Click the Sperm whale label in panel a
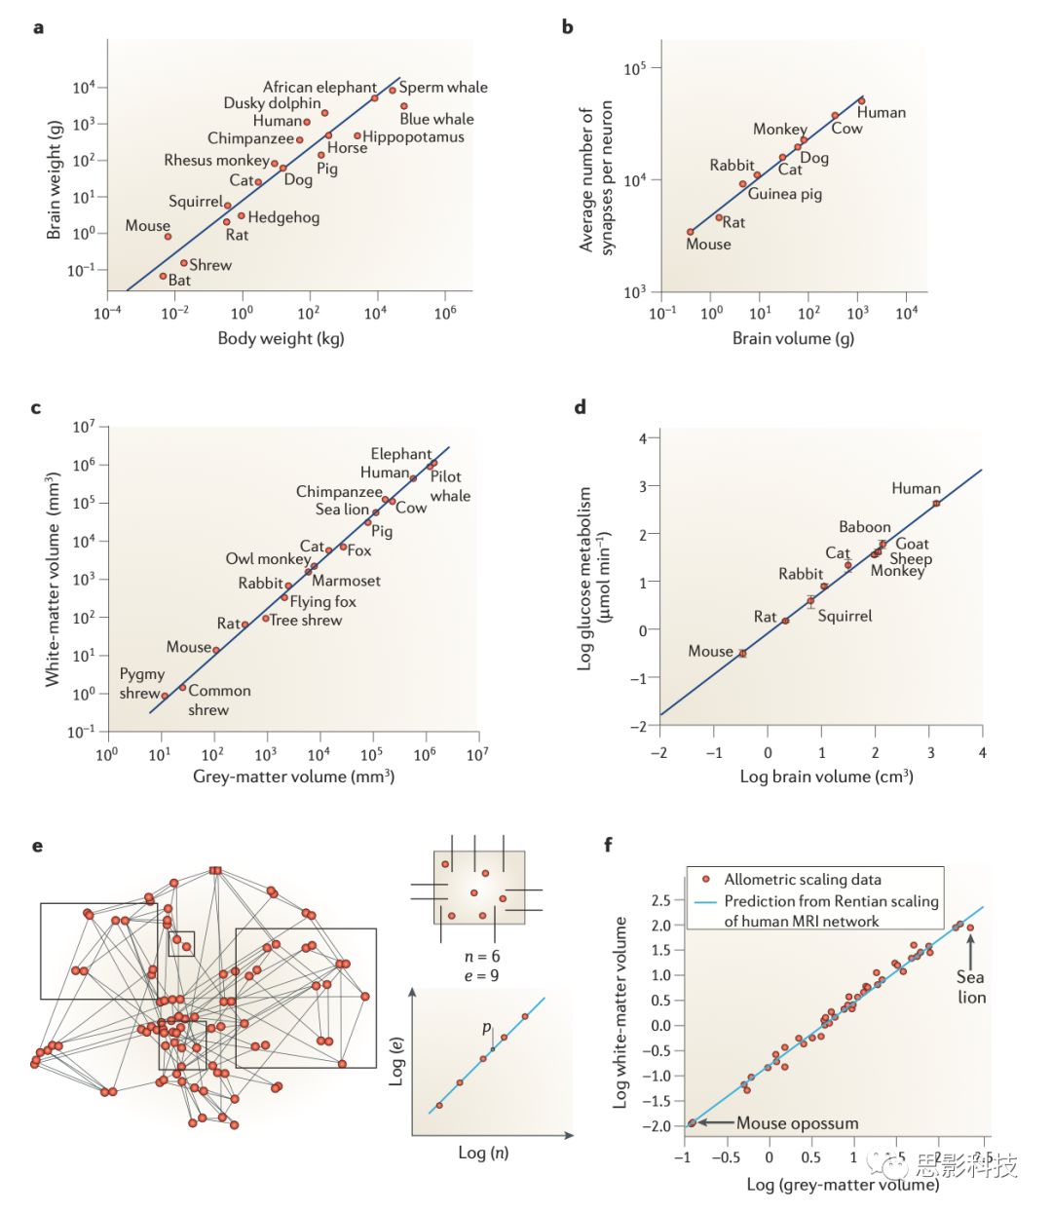443,88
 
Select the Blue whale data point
404,106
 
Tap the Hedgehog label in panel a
283,217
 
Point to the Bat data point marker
164,277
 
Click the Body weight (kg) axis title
281,338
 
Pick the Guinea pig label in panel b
784,194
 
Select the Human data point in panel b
861,100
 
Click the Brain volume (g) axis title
793,338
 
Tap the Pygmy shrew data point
165,696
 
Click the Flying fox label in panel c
322,601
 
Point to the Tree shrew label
306,620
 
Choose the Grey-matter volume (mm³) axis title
293,776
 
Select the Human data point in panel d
936,503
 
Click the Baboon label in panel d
865,527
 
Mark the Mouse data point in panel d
742,654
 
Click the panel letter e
37,845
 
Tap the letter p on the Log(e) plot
487,1028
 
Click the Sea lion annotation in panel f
971,987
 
